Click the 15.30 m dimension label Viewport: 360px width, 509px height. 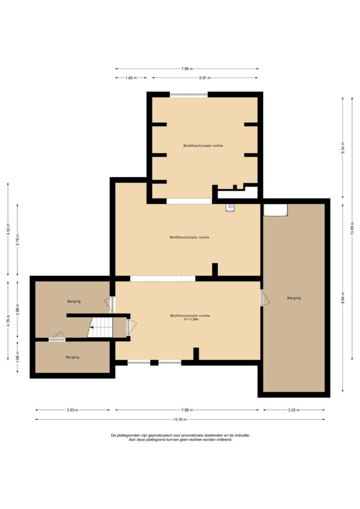[x=180, y=420]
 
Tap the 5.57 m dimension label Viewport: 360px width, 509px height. [x=205, y=78]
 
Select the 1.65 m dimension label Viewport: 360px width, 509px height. [x=131, y=78]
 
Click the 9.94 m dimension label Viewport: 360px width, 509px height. [x=343, y=298]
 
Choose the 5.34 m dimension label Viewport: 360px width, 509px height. [x=343, y=148]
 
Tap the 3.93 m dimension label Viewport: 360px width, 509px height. [x=73, y=410]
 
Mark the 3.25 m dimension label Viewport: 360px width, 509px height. [x=294, y=410]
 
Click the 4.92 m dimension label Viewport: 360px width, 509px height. [x=8, y=230]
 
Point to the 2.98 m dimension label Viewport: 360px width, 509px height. [x=17, y=310]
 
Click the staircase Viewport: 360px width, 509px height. [x=100, y=327]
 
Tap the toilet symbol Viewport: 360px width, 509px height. [x=230, y=207]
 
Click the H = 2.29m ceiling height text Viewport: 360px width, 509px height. [x=191, y=320]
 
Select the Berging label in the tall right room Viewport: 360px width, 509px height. [x=294, y=298]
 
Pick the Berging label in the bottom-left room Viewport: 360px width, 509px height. [x=73, y=357]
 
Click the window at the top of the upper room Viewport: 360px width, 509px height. [x=188, y=94]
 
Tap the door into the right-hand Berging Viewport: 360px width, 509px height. [x=265, y=298]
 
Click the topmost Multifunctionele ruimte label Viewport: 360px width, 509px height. [x=203, y=146]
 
